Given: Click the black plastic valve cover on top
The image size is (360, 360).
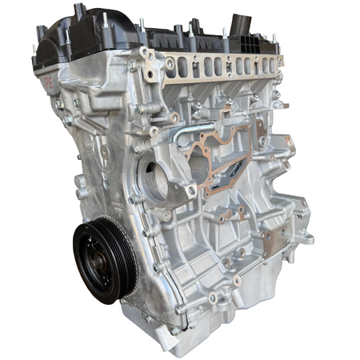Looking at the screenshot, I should [x=144, y=32].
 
